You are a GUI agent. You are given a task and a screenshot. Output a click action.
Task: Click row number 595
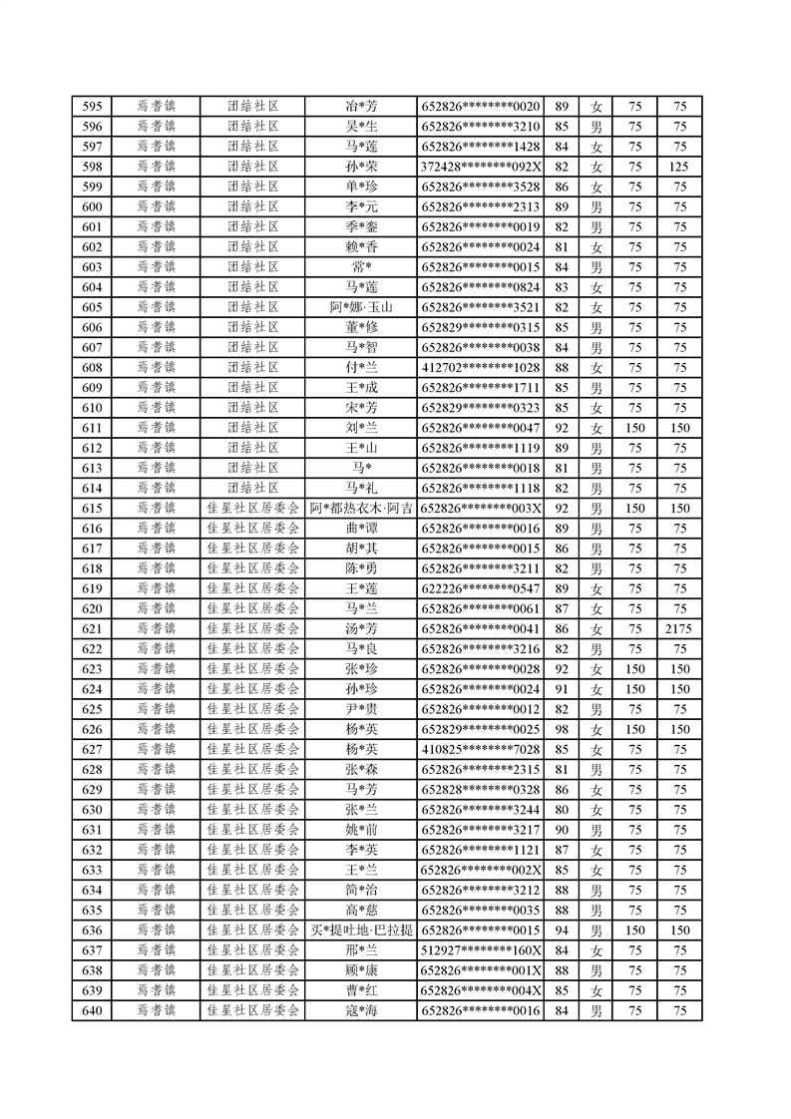pos(92,107)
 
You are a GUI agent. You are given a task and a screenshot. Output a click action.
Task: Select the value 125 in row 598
pos(679,167)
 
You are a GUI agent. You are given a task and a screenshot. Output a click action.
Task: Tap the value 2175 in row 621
pos(679,629)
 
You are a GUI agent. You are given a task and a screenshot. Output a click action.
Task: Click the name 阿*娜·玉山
pos(361,307)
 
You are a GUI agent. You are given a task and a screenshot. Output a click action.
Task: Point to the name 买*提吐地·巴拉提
pos(361,931)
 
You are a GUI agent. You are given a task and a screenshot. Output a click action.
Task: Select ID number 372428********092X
pos(481,167)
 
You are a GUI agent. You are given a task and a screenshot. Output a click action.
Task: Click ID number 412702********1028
pos(481,368)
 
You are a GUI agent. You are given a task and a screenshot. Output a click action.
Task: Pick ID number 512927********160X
pos(481,950)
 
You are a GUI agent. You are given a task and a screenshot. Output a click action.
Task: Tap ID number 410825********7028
pos(481,750)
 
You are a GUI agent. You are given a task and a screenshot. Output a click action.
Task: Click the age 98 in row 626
pos(561,730)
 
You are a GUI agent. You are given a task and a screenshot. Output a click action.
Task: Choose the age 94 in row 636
pos(561,931)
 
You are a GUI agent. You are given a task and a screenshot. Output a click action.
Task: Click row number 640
pos(92,1011)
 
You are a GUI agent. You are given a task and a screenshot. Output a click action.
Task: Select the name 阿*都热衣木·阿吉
pos(361,509)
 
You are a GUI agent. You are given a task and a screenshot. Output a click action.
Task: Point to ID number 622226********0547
pos(481,589)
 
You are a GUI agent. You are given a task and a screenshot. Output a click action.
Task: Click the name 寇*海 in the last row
pos(361,1011)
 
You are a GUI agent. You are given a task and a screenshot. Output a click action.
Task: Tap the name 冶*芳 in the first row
pos(361,107)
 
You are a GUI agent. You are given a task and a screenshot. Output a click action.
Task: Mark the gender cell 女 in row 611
pos(596,428)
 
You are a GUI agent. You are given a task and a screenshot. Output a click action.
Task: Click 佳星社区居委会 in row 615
pos(252,509)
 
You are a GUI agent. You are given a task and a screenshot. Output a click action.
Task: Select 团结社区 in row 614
pos(252,489)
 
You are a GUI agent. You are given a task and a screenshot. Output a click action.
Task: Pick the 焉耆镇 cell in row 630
pos(156,810)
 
